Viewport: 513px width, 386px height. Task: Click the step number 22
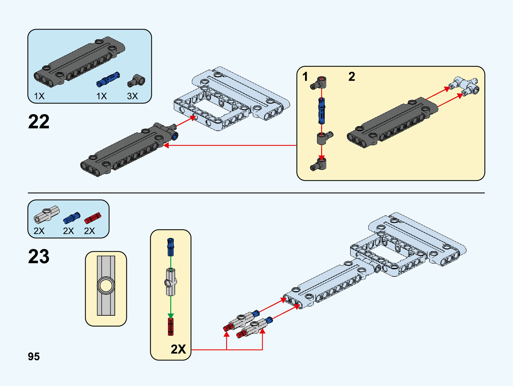click(x=39, y=122)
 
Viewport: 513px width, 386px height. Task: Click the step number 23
click(x=39, y=256)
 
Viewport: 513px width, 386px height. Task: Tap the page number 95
click(x=34, y=356)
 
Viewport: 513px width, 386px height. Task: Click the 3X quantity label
click(x=132, y=96)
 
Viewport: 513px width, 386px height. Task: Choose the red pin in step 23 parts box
click(x=93, y=218)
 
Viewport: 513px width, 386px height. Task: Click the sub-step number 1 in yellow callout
click(x=305, y=77)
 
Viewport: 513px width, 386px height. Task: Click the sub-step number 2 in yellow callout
click(x=351, y=77)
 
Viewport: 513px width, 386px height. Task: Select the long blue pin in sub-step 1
click(x=321, y=111)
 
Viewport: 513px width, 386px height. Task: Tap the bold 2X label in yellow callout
click(x=178, y=349)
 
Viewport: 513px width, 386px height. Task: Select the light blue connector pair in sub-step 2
click(x=466, y=86)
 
